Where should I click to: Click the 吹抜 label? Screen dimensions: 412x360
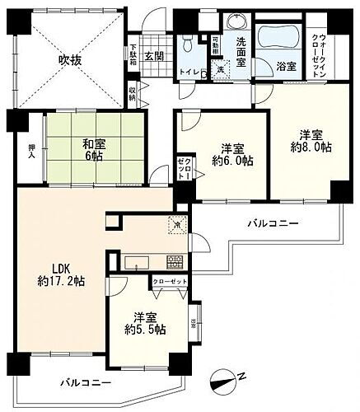tap(58, 60)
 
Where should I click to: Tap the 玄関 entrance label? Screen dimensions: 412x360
tap(155, 56)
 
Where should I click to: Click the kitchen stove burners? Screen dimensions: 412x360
tap(175, 264)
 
